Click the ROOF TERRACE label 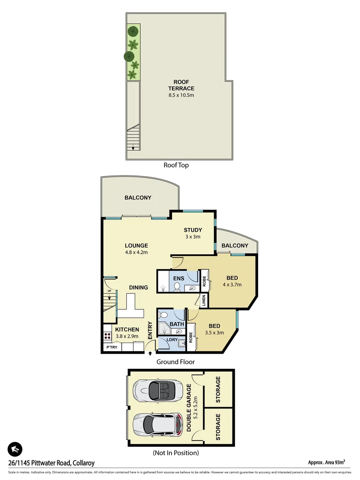184,85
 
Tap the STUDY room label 193,230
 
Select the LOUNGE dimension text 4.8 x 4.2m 136,252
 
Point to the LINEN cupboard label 204,300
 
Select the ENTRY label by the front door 150,331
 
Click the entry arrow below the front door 150,353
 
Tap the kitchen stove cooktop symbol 107,335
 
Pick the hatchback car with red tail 158,425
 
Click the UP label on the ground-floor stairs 109,291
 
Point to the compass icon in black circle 15,450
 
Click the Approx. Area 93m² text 327,462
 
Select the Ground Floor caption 175,362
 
